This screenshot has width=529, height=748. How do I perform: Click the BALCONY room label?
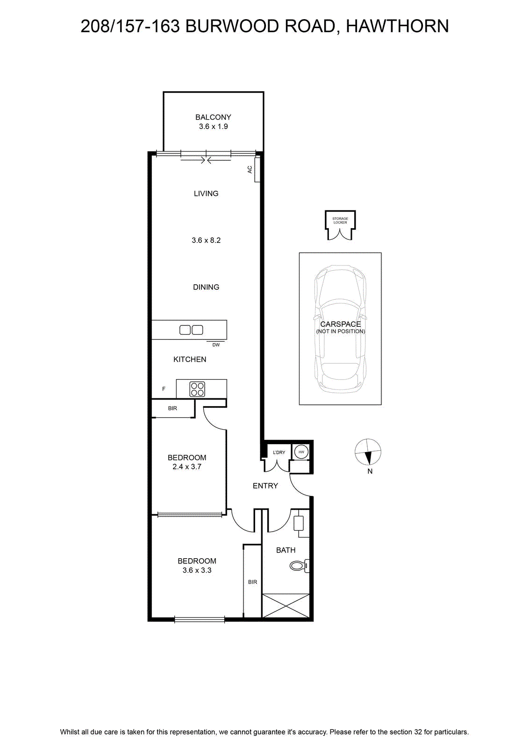pyautogui.click(x=213, y=117)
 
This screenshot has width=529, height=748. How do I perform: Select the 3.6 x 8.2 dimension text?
pyautogui.click(x=206, y=240)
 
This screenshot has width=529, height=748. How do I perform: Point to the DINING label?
pyautogui.click(x=206, y=287)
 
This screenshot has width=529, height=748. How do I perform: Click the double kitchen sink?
pyautogui.click(x=191, y=330)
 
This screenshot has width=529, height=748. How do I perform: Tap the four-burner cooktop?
pyautogui.click(x=197, y=389)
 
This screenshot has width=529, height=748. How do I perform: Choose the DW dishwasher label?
pyautogui.click(x=216, y=345)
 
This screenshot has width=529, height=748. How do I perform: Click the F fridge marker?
pyautogui.click(x=164, y=388)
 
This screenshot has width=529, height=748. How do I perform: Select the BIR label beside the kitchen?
pyautogui.click(x=172, y=408)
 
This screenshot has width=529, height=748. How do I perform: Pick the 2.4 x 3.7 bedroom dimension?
pyautogui.click(x=187, y=467)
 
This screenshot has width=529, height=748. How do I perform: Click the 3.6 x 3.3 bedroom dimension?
pyautogui.click(x=197, y=570)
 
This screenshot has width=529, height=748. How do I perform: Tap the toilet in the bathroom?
pyautogui.click(x=300, y=566)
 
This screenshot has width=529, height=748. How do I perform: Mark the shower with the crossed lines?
pyautogui.click(x=286, y=605)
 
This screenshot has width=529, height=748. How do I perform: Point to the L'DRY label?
pyautogui.click(x=279, y=453)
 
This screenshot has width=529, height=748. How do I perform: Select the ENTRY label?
pyautogui.click(x=265, y=486)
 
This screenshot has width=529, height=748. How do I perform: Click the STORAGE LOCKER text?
pyautogui.click(x=340, y=220)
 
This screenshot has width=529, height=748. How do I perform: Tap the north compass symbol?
pyautogui.click(x=368, y=452)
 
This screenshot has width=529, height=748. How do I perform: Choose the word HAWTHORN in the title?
pyautogui.click(x=397, y=26)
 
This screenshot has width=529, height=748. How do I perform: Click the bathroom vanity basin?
pyautogui.click(x=298, y=523)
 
